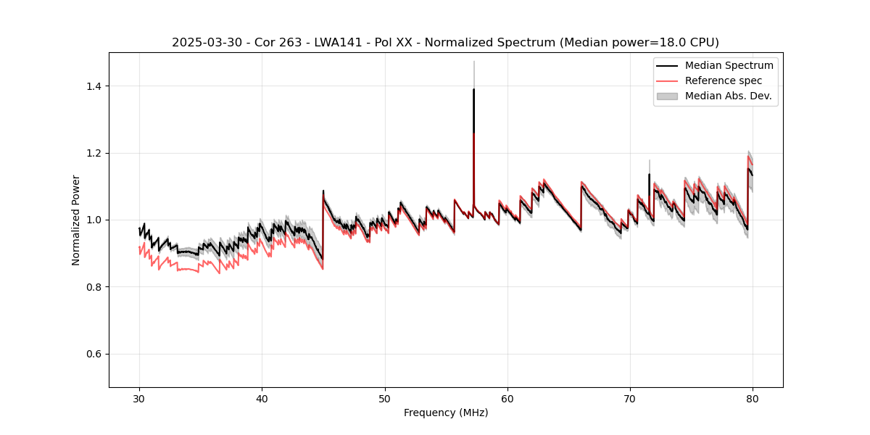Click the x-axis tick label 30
point(139,398)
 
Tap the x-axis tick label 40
point(262,398)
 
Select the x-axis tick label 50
point(384,398)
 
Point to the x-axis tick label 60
point(507,398)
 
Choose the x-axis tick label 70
point(629,398)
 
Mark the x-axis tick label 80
point(752,398)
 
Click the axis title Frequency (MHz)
point(446,413)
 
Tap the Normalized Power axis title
point(75,220)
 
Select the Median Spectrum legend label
point(729,65)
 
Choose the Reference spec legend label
point(724,80)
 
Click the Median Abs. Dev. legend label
point(728,96)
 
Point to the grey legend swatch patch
point(667,96)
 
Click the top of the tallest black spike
point(473,89)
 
